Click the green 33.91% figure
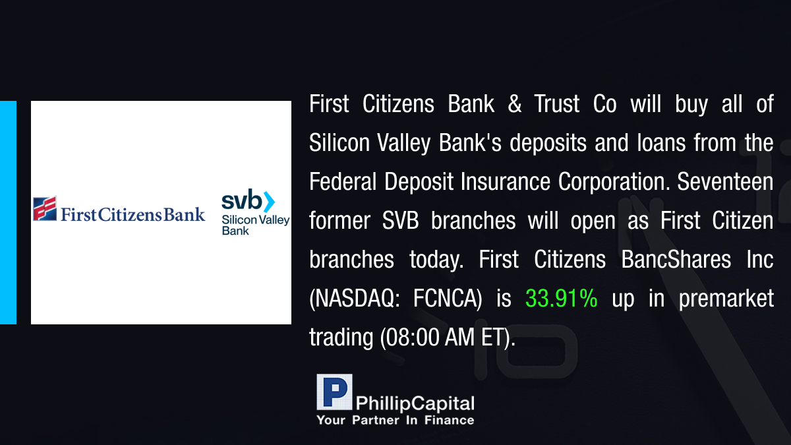click(x=562, y=298)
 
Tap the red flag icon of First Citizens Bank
click(x=45, y=208)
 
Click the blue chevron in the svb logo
click(x=269, y=202)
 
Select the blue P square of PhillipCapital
click(x=334, y=392)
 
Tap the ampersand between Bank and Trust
click(x=515, y=104)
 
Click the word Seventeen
click(x=725, y=181)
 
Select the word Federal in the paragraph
click(x=343, y=181)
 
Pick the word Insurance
click(x=506, y=181)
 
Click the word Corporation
click(x=614, y=182)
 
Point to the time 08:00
click(x=411, y=337)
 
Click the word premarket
click(x=726, y=299)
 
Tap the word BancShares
click(x=676, y=259)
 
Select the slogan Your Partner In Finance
click(x=395, y=420)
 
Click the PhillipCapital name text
click(x=415, y=403)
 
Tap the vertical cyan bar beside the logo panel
click(x=8, y=212)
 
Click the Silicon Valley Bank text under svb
click(x=256, y=225)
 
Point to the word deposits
click(x=548, y=144)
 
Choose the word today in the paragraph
click(x=436, y=260)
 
